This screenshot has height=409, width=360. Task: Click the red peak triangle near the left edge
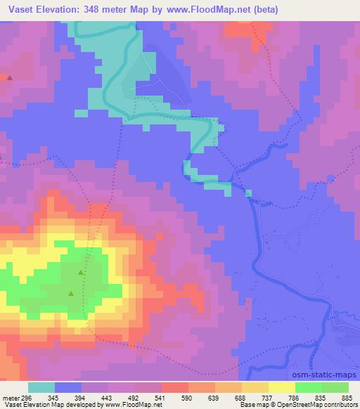(x=9, y=77)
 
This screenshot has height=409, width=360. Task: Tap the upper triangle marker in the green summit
(x=80, y=272)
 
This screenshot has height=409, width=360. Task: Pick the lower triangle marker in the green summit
(x=70, y=293)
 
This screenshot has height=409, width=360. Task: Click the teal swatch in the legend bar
(x=41, y=387)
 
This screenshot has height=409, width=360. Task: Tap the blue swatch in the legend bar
(x=68, y=387)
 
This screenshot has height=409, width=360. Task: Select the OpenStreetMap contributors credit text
(x=309, y=405)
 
